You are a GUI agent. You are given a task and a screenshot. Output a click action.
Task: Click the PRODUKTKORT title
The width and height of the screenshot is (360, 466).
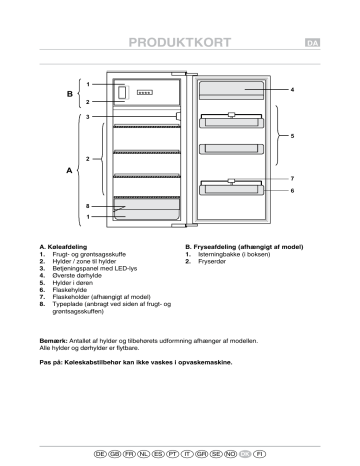point(179,42)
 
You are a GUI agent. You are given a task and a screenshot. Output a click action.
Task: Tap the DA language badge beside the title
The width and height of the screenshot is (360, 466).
point(311,43)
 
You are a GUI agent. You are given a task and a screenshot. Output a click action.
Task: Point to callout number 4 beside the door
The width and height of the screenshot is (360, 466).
point(291,91)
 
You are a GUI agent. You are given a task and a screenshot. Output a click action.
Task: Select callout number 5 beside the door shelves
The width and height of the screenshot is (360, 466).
point(292,134)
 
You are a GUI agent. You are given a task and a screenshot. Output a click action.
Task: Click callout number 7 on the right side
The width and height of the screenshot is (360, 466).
point(291,178)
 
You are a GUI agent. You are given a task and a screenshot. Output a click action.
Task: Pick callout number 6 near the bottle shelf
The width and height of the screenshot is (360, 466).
point(291,190)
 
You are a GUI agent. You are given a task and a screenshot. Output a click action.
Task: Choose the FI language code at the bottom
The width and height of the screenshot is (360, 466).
point(260,453)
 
